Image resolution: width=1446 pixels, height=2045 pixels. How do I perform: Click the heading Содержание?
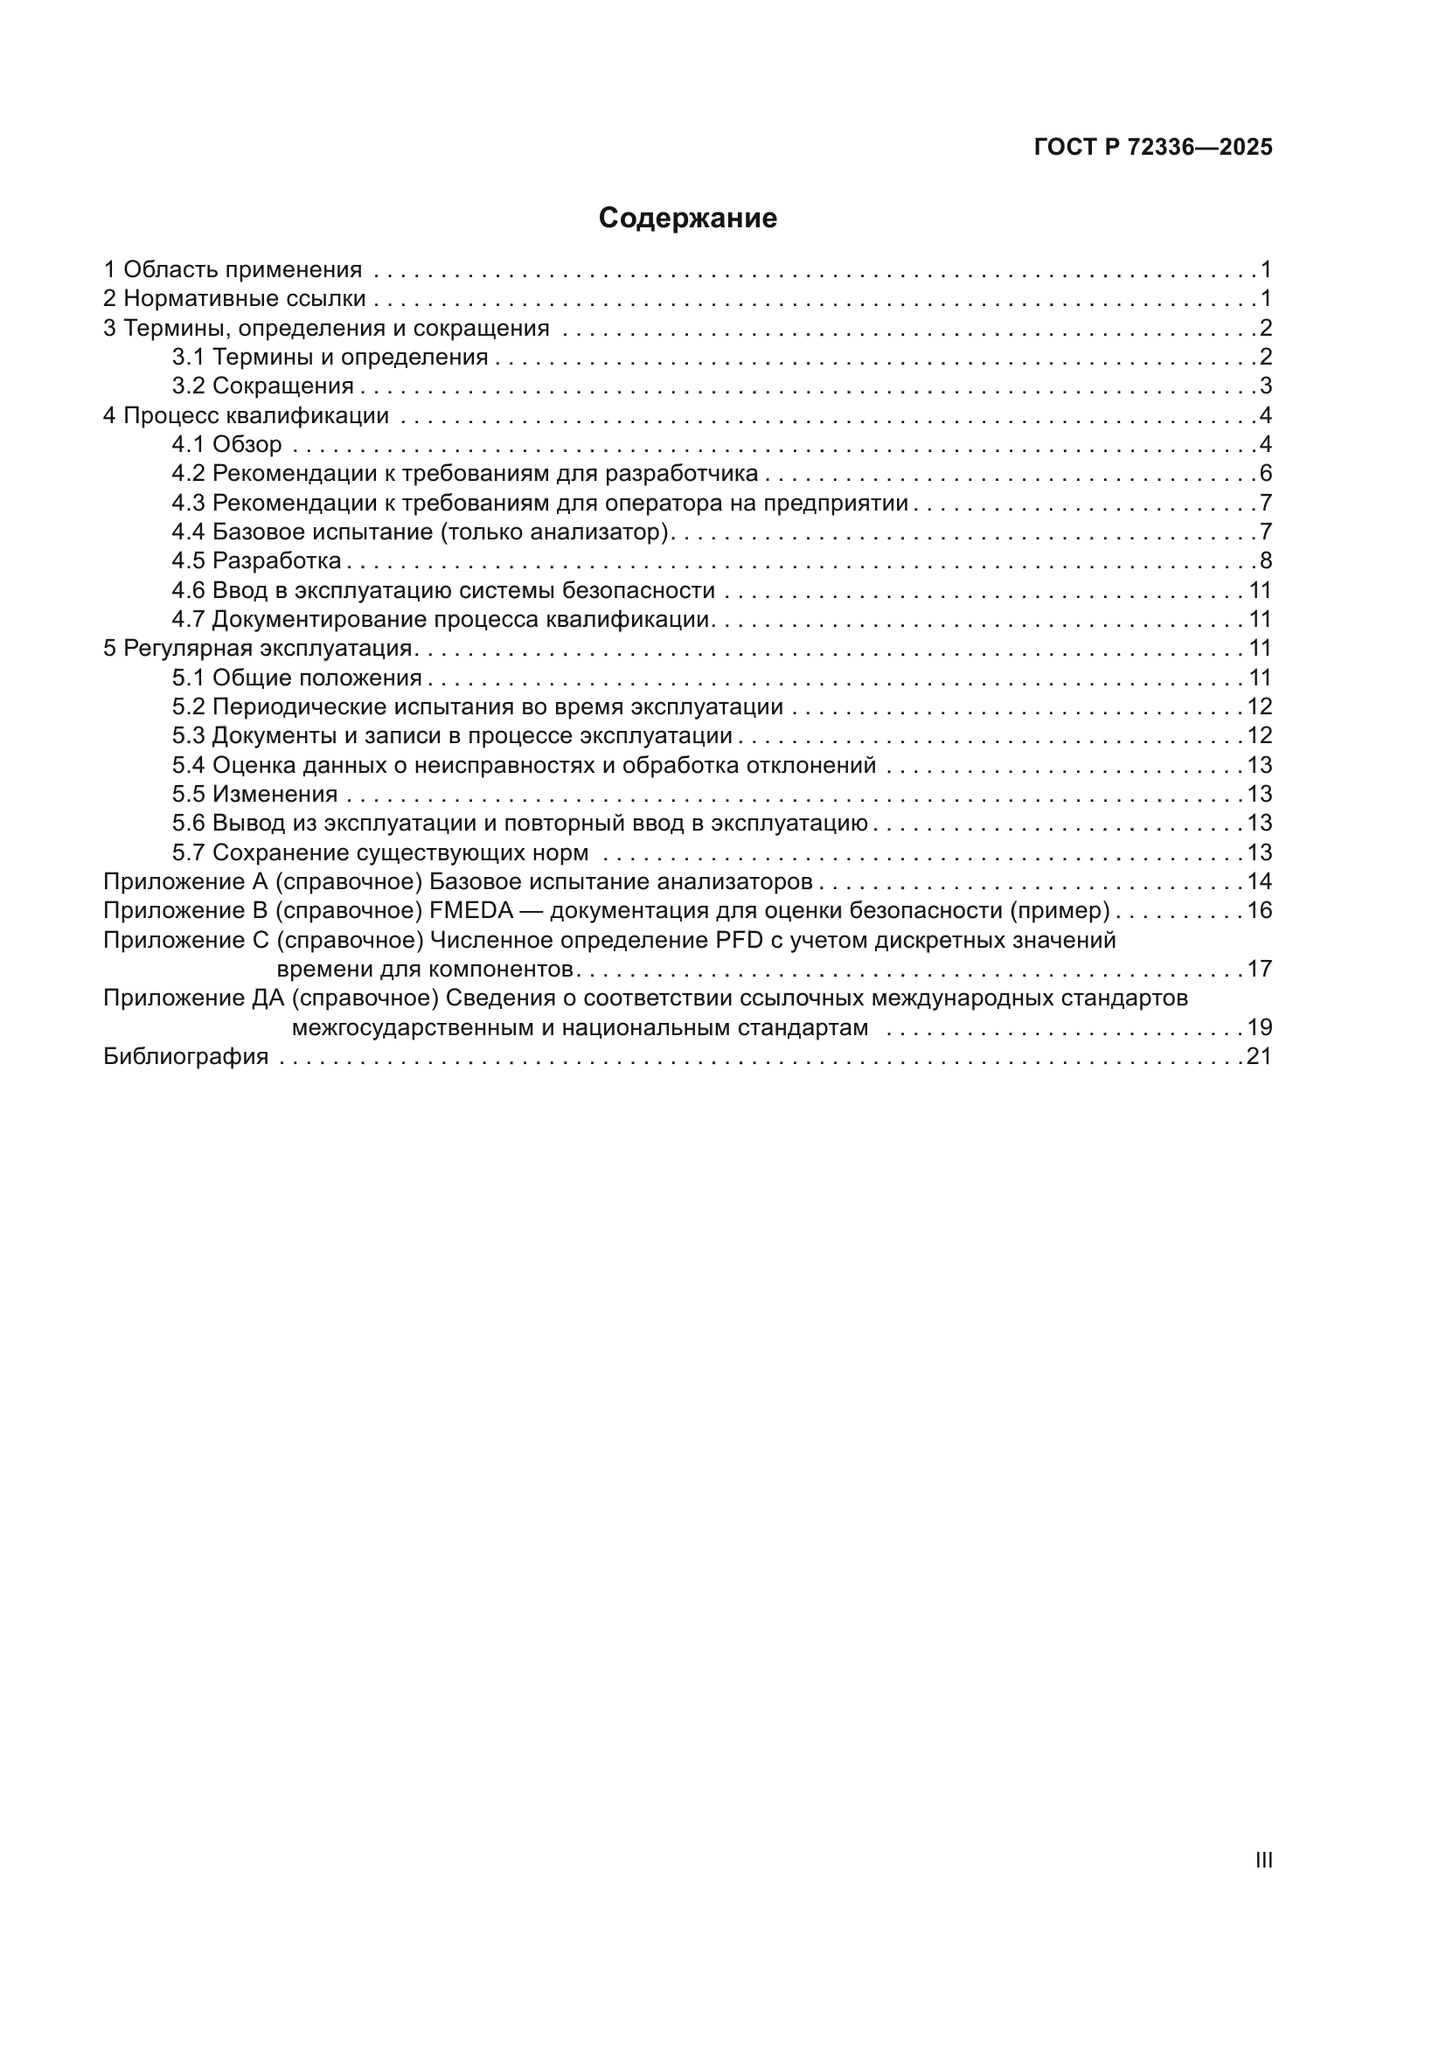pyautogui.click(x=687, y=219)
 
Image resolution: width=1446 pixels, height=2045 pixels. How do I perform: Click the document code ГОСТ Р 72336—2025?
pyautogui.click(x=1153, y=148)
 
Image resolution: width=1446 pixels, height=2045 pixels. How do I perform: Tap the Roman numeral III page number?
pyautogui.click(x=1263, y=1861)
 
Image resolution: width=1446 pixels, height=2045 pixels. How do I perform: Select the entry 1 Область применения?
pyautogui.click(x=233, y=269)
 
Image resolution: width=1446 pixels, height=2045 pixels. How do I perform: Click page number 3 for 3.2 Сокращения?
pyautogui.click(x=1266, y=386)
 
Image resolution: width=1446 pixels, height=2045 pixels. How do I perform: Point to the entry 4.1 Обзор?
pyautogui.click(x=227, y=444)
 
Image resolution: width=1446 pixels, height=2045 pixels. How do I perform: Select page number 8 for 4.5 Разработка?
pyautogui.click(x=1266, y=561)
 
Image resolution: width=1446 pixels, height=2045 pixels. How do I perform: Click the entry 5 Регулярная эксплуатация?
pyautogui.click(x=258, y=649)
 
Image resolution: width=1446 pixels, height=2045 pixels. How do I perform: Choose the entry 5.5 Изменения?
pyautogui.click(x=255, y=795)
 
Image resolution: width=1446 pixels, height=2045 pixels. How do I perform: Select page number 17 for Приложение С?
pyautogui.click(x=1259, y=969)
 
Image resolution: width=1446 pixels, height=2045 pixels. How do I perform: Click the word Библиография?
pyautogui.click(x=186, y=1057)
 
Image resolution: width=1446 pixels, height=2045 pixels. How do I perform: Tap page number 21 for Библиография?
pyautogui.click(x=1259, y=1057)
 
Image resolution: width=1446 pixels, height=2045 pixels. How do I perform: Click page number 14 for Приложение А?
pyautogui.click(x=1259, y=882)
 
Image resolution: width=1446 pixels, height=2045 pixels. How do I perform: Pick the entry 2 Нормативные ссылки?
pyautogui.click(x=235, y=298)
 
